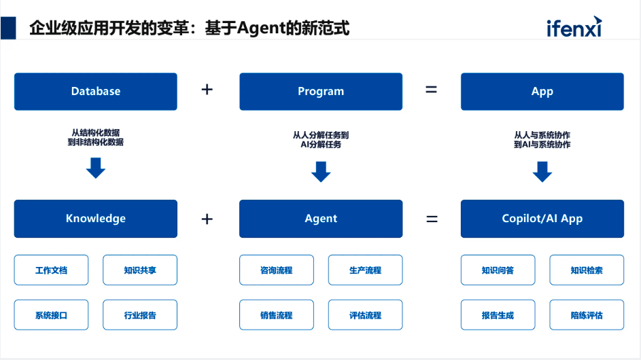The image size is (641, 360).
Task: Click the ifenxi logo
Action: pos(574,27)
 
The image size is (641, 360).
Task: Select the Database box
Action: pos(96,92)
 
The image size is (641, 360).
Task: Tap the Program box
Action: pos(321,92)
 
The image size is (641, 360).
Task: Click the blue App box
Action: pos(542,92)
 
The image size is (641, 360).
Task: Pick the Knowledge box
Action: pos(96,219)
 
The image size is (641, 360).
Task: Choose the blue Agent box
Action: pos(321,219)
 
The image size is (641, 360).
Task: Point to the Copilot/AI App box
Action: pos(542,219)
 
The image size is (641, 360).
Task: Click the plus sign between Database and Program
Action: pos(207,90)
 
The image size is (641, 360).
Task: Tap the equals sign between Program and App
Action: pos(431,90)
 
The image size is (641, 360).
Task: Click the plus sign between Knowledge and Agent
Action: pos(207,219)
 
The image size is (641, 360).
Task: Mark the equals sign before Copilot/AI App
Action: pos(431,219)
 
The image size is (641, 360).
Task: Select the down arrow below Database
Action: pos(96,168)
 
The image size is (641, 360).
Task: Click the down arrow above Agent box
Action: pos(321,172)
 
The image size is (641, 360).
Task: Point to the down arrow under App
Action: pos(542,172)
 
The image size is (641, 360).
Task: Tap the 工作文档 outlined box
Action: pos(51,270)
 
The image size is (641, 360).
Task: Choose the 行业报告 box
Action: pos(140,315)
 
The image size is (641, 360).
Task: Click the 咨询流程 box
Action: pos(276,270)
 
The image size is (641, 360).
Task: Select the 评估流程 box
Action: pos(365,315)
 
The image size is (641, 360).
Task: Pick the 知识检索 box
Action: pos(586,270)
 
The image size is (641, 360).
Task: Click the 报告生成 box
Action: pos(498,315)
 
